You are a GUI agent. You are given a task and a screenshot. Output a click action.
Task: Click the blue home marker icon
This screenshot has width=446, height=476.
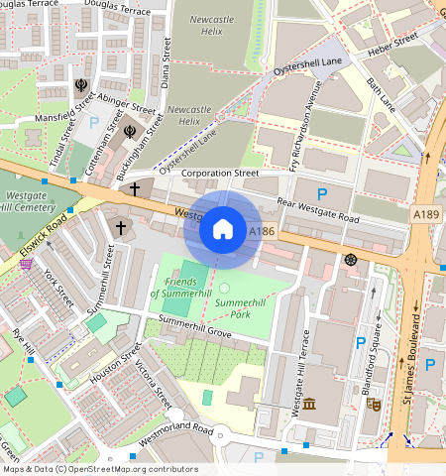coord(223,229)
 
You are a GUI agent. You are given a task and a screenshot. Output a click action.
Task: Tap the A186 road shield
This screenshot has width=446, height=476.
coord(261,231)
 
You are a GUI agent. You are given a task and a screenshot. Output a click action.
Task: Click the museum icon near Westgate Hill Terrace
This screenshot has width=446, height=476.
coord(309,404)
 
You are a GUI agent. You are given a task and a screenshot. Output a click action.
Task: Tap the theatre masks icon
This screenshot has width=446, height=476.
coord(374,404)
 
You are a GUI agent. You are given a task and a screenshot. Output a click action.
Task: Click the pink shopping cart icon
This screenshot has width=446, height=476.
coord(25,263)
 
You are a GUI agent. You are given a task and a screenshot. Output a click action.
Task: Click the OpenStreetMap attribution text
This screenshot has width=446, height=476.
coord(99,469)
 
